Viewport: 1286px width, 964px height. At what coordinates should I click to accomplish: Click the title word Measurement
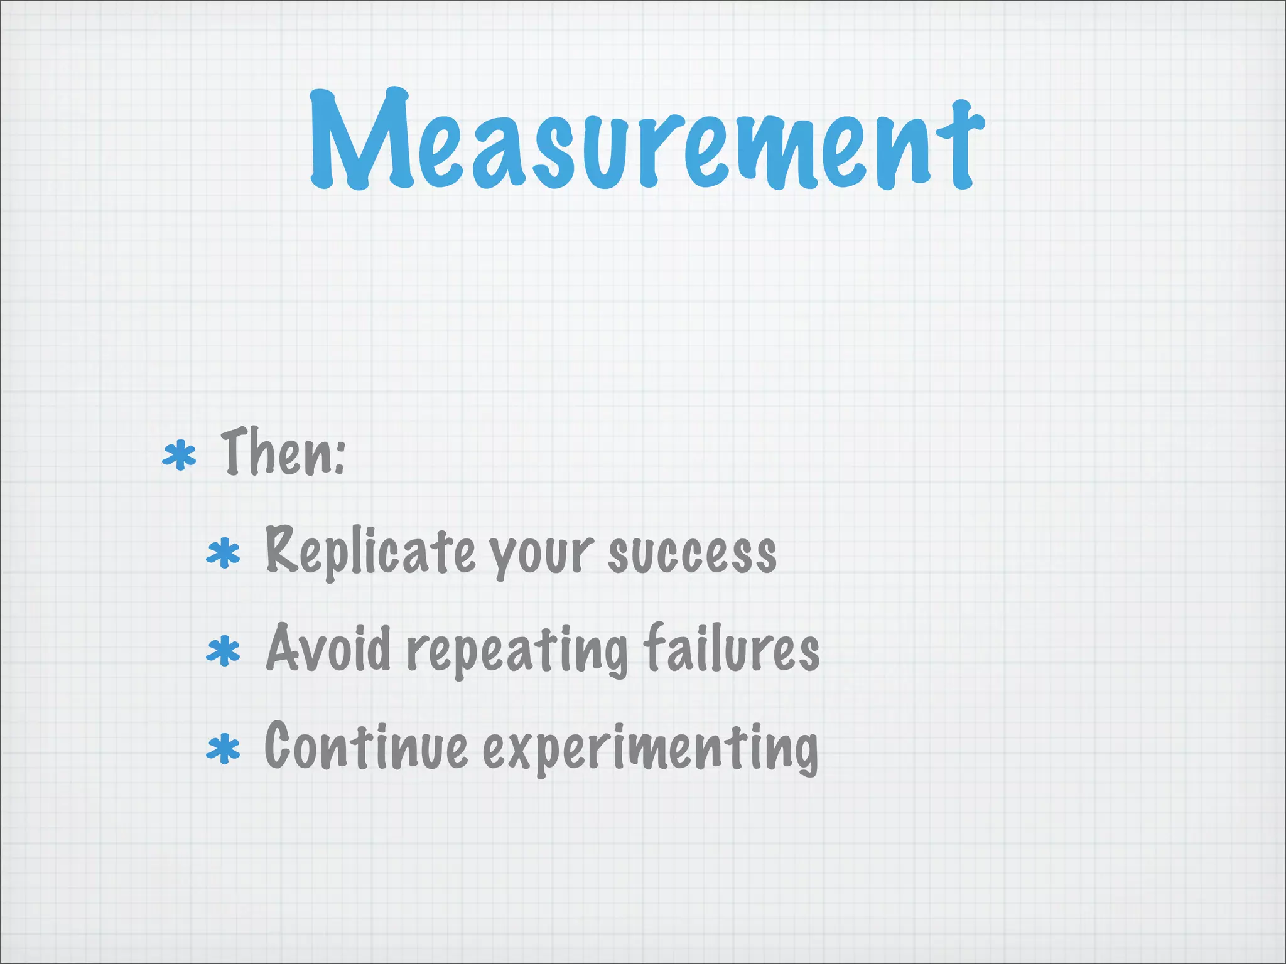[x=647, y=141]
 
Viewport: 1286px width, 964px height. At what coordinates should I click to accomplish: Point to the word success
[x=692, y=554]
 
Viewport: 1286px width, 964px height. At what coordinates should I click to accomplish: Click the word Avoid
[x=328, y=648]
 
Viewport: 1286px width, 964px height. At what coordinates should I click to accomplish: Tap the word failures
[x=732, y=648]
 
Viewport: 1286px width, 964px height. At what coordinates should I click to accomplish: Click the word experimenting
[x=651, y=749]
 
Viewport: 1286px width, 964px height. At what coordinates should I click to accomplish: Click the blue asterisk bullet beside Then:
[x=180, y=456]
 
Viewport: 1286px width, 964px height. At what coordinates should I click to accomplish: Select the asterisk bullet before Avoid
[x=224, y=651]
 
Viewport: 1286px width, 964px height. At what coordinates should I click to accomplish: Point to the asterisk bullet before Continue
[x=224, y=749]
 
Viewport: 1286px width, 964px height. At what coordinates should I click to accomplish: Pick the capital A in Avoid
[x=286, y=646]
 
